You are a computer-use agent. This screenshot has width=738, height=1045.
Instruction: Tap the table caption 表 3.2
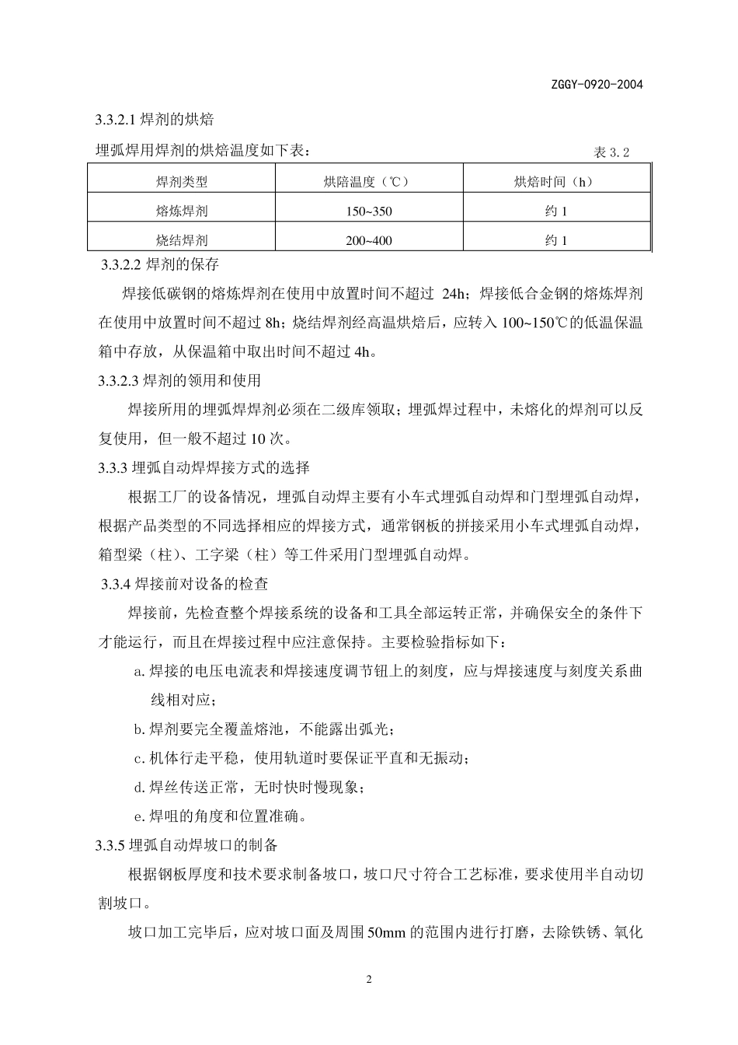tap(611, 152)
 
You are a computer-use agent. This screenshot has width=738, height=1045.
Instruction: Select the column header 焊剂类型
tap(182, 182)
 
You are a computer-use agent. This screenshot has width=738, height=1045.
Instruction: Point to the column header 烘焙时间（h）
tap(555, 182)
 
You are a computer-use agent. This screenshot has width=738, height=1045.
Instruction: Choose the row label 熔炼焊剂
tap(182, 211)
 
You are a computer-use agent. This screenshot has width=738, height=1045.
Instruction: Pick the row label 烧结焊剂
tap(182, 240)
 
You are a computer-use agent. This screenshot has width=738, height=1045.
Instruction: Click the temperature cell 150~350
tap(369, 211)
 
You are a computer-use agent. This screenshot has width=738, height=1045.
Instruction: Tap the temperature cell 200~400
tap(369, 241)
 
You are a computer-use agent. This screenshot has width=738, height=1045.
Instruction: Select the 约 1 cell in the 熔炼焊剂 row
tap(556, 211)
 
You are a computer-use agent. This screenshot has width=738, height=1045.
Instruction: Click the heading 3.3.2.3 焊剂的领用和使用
tap(178, 381)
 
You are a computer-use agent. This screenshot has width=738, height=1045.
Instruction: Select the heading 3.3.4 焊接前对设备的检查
tap(186, 583)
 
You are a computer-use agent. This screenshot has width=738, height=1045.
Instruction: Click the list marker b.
tap(139, 729)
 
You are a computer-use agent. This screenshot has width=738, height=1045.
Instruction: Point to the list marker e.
tap(139, 816)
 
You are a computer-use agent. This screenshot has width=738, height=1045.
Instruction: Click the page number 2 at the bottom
tap(369, 979)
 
